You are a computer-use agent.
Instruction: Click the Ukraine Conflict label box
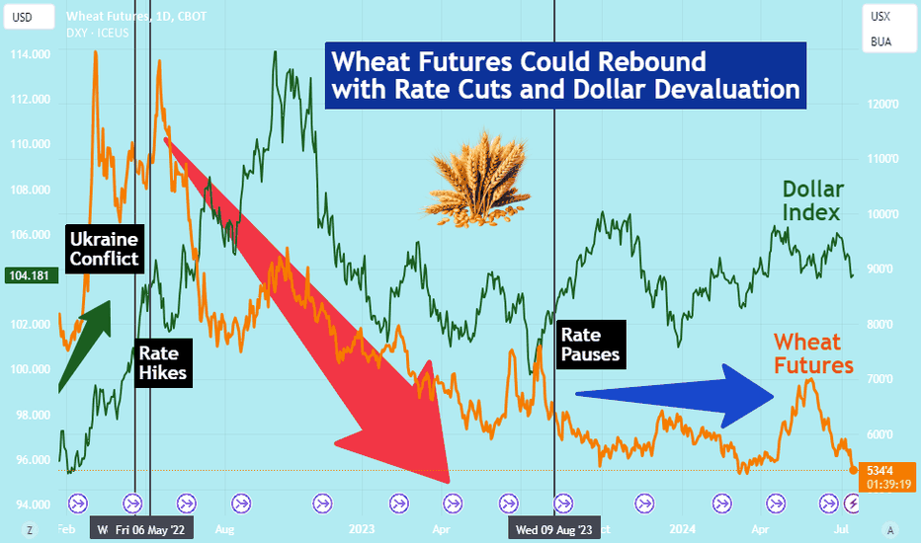pyautogui.click(x=105, y=249)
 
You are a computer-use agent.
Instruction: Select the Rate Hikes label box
pyautogui.click(x=163, y=362)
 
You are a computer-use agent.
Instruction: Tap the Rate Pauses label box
pyautogui.click(x=591, y=345)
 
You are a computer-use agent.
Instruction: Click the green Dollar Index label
pyautogui.click(x=812, y=200)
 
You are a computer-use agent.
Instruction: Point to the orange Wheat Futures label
pyautogui.click(x=813, y=353)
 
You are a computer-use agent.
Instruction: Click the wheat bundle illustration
pyautogui.click(x=477, y=179)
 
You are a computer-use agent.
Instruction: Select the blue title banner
pyautogui.click(x=565, y=76)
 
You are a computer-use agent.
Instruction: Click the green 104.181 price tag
pyautogui.click(x=32, y=275)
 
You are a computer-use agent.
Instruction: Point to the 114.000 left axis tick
pyautogui.click(x=31, y=54)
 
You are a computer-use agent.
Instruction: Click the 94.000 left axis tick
pyautogui.click(x=31, y=504)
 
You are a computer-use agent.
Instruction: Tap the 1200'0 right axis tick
pyautogui.click(x=882, y=104)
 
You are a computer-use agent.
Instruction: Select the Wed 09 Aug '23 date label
pyautogui.click(x=554, y=530)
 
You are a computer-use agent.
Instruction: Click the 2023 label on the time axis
pyautogui.click(x=362, y=529)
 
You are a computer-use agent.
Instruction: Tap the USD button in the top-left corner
pyautogui.click(x=30, y=17)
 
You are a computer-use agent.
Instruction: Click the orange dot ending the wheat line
pyautogui.click(x=854, y=470)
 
